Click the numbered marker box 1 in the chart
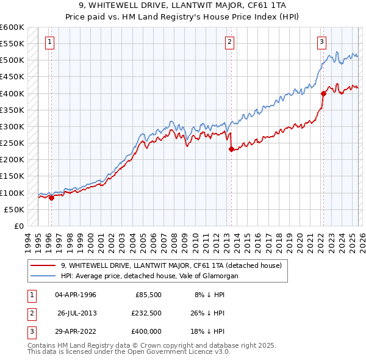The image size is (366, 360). (49, 42)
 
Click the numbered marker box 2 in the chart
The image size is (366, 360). (229, 42)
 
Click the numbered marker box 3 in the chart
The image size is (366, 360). (321, 42)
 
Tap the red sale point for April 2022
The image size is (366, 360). (323, 93)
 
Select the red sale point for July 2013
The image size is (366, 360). (231, 149)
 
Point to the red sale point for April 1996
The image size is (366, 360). (51, 198)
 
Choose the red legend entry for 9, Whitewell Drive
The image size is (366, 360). (171, 265)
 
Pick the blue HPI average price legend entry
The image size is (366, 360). (149, 276)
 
